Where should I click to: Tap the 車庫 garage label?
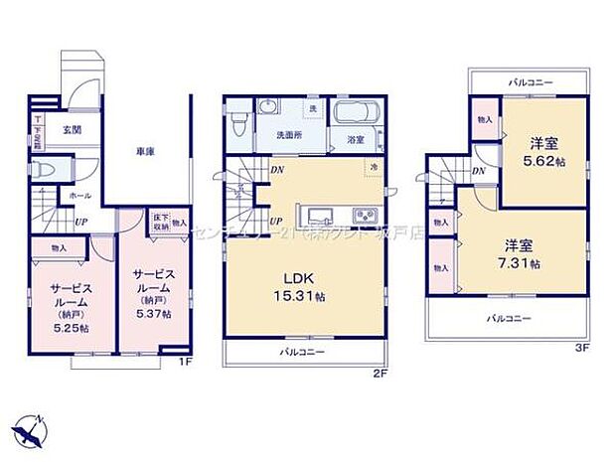tap(144, 151)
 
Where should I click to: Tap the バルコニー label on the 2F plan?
tap(303, 352)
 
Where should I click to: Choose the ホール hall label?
tap(80, 197)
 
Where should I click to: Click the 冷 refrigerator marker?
tap(375, 168)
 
